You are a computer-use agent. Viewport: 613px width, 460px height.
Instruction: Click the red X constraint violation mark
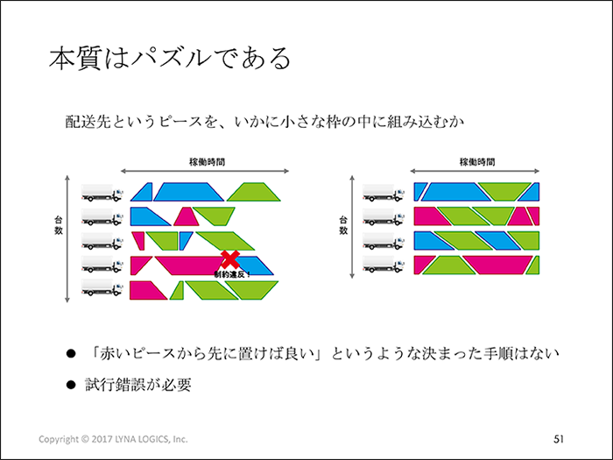pyautogui.click(x=230, y=259)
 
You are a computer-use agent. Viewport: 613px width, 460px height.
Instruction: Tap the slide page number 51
pyautogui.click(x=559, y=439)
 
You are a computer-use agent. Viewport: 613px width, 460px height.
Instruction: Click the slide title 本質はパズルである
pyautogui.click(x=170, y=59)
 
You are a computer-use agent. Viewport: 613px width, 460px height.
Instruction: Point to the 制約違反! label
pyautogui.click(x=232, y=274)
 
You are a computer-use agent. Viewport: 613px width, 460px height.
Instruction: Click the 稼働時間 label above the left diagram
pyautogui.click(x=208, y=162)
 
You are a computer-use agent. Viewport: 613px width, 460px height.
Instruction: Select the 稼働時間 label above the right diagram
pyautogui.click(x=477, y=162)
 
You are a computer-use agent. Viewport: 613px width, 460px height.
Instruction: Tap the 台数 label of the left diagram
pyautogui.click(x=59, y=226)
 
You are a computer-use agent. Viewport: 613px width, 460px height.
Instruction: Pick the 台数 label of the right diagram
pyautogui.click(x=343, y=226)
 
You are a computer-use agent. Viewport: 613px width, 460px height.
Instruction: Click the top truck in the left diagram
pyautogui.click(x=102, y=193)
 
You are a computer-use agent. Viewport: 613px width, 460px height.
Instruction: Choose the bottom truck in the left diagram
pyautogui.click(x=102, y=289)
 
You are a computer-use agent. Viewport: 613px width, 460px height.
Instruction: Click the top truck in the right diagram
pyautogui.click(x=384, y=193)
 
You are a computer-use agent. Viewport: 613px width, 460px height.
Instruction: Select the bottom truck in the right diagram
pyautogui.click(x=384, y=265)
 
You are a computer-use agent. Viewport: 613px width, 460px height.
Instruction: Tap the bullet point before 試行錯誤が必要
pyautogui.click(x=71, y=385)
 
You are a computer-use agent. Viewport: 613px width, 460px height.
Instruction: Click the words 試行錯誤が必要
pyautogui.click(x=138, y=385)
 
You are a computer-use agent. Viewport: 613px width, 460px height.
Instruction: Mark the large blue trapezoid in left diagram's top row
pyautogui.click(x=188, y=192)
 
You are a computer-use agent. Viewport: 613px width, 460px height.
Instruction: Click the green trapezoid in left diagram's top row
pyautogui.click(x=253, y=192)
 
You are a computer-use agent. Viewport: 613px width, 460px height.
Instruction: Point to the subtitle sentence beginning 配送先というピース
pyautogui.click(x=264, y=122)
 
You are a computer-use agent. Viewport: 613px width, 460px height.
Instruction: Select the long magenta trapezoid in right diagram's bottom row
pyautogui.click(x=497, y=265)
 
